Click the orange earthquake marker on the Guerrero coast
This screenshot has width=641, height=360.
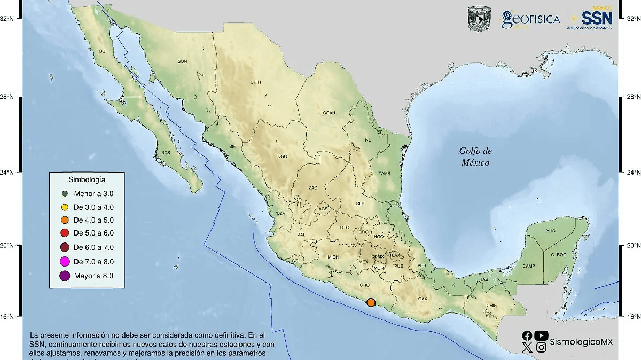tap(371, 303)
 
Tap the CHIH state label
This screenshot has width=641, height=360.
tap(255, 82)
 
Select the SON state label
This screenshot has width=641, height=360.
tap(182, 61)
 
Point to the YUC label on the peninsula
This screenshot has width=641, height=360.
tap(551, 231)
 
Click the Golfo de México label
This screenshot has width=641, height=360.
tap(475, 157)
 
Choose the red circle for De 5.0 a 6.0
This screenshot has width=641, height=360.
tap(65, 233)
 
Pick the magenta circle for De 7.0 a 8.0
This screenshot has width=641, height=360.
tap(65, 261)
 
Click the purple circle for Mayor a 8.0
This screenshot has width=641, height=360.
tap(65, 276)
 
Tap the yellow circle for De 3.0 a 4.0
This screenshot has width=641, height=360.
tap(65, 207)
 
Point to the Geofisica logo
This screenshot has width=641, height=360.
tap(530, 20)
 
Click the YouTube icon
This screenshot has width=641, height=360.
tap(541, 335)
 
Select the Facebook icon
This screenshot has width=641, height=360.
tap(527, 335)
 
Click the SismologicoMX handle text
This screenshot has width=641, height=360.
tap(582, 341)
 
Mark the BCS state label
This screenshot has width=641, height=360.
tap(165, 153)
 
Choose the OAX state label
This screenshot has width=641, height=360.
tap(423, 298)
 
